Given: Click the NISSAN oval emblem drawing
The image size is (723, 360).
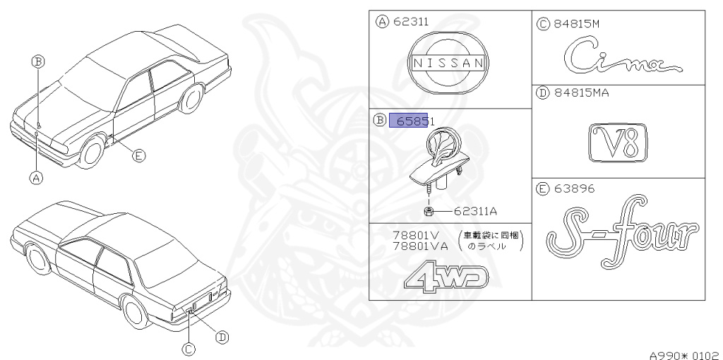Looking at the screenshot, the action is pos(449,63).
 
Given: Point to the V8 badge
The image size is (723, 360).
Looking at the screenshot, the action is pos(618,144).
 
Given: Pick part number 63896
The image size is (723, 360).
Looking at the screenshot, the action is pos(575,188).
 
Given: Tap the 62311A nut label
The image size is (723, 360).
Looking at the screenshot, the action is pos(477,210).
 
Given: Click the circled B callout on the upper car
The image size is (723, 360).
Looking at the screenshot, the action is pos(38,61).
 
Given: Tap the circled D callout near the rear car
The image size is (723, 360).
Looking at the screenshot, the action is pos(222,337).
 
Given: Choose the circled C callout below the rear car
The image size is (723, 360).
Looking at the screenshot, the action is pos(189,348).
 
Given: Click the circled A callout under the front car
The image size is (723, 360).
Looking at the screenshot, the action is pos(35,178).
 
